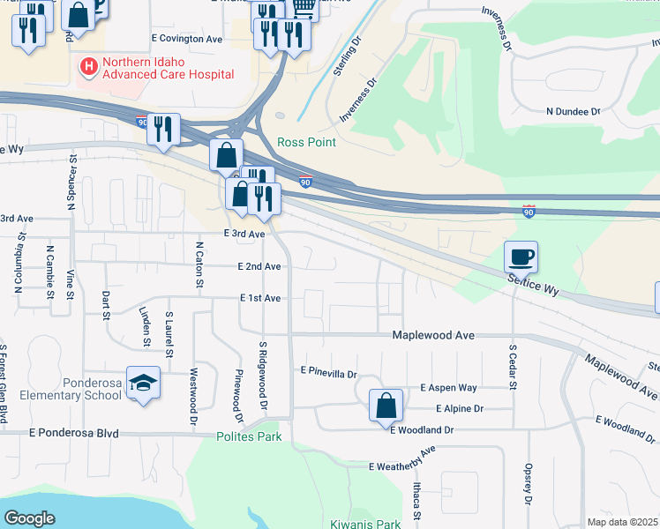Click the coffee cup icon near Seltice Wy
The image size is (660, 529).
point(521,257)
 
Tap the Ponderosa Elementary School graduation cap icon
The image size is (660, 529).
point(144,383)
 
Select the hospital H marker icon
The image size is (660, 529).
point(88,66)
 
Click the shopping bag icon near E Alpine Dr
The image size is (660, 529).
point(386,406)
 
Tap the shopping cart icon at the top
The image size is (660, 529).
point(304,7)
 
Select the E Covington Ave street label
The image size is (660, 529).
point(187,39)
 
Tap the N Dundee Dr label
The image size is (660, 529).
point(573,112)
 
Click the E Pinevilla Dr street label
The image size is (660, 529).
point(328,373)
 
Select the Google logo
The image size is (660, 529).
point(30,518)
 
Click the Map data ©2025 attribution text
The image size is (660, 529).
point(622,522)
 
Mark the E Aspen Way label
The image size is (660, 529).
point(448,388)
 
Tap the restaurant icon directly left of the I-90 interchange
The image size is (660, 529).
point(164,129)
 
